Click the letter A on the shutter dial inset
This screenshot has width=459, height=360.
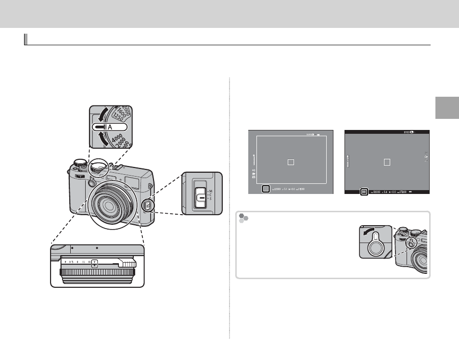pos(110,127)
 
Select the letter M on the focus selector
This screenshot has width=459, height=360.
pos(210,191)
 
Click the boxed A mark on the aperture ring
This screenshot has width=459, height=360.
pos(95,263)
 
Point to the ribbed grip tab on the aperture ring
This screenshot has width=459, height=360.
pos(128,263)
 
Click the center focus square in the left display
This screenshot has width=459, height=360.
pos(291,162)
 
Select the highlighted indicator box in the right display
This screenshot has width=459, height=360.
pos(364,191)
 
